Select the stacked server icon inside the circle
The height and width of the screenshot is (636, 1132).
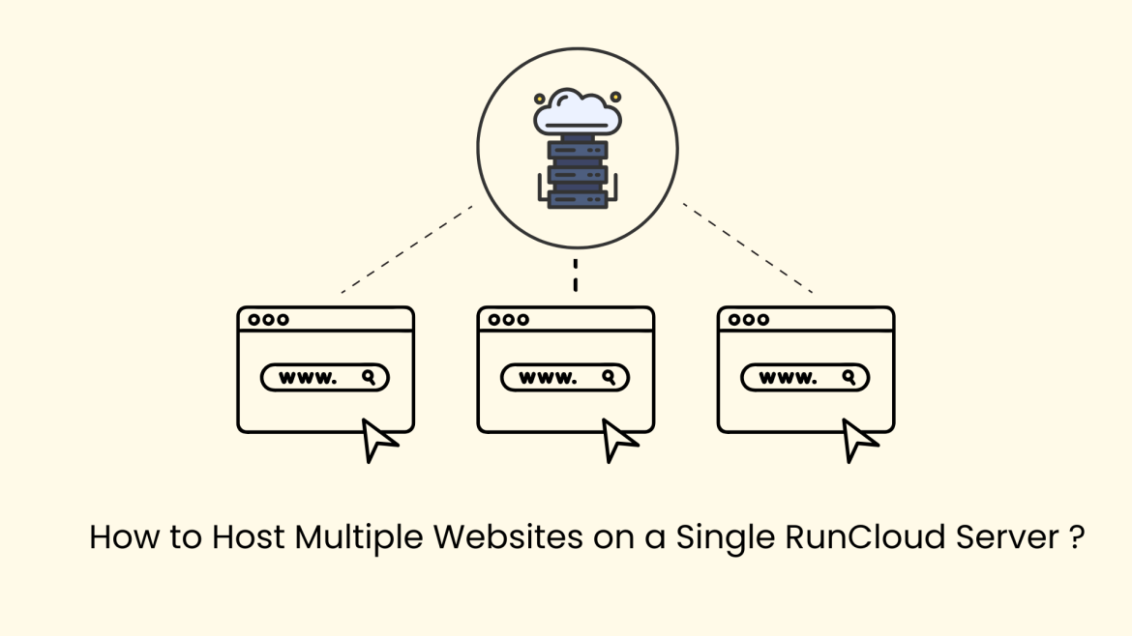coord(578,174)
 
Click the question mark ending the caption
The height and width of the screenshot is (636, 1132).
coord(1078,536)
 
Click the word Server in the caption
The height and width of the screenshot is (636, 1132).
coord(1013,536)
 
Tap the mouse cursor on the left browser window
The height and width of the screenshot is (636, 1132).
coord(378,440)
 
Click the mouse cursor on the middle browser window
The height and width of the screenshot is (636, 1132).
coord(618,440)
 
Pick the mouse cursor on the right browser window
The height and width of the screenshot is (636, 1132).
coord(858,440)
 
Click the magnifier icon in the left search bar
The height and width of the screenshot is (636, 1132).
coord(369,377)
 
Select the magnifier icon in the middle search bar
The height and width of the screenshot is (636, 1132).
coord(609,377)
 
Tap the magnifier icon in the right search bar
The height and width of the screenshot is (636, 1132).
coord(849,377)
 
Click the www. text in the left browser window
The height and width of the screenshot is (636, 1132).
coord(308,378)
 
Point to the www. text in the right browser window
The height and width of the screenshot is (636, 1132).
coord(788,378)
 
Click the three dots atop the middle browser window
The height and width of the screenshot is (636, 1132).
coord(509,320)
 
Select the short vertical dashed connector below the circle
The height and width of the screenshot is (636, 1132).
coord(576,275)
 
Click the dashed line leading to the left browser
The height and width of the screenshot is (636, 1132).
coord(406,248)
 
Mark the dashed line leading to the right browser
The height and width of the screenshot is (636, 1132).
coord(747,247)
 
